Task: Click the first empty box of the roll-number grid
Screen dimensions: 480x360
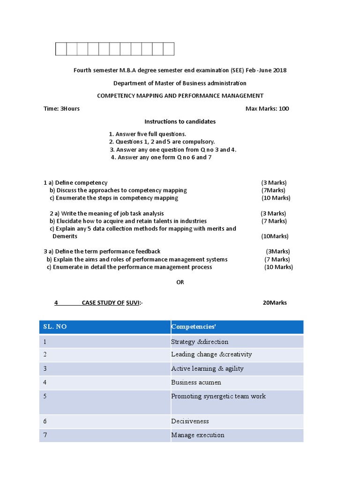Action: coord(61,49)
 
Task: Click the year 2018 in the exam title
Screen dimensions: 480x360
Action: coord(279,70)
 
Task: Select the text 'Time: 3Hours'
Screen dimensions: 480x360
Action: coord(61,109)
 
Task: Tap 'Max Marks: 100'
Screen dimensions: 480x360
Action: coord(267,109)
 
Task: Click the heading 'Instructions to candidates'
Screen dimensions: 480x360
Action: coord(180,121)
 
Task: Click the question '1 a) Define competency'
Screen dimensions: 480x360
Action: coord(75,183)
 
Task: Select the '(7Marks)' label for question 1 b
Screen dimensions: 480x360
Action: coord(273,190)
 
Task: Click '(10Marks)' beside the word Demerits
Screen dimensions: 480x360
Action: coord(275,236)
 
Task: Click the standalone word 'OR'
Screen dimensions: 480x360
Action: coord(180,282)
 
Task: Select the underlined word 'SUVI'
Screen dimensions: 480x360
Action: coord(133,303)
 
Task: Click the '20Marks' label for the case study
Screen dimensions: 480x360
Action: coord(275,303)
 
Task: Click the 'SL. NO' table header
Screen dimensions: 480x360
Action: coord(55,327)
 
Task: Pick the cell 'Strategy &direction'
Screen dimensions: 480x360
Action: coord(200,342)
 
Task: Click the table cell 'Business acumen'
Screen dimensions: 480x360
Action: coord(196,382)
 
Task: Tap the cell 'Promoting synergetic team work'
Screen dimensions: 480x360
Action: coord(218,397)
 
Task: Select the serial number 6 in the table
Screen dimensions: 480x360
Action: coord(45,421)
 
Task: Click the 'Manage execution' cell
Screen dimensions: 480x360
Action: coord(198,435)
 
